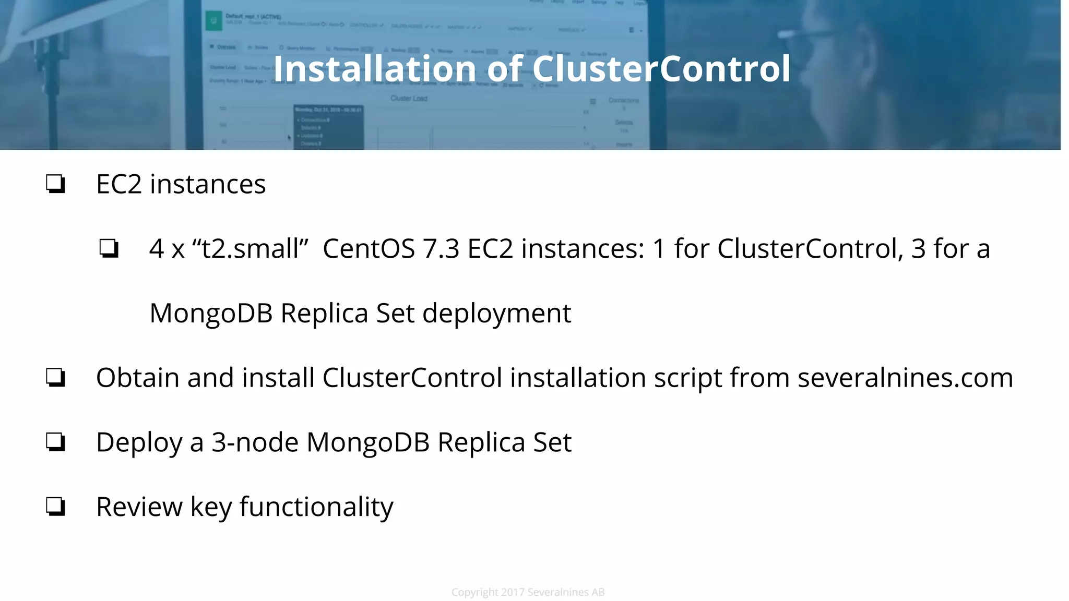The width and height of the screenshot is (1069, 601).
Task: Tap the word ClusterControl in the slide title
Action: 661,69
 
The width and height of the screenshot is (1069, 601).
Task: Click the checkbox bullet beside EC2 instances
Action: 55,184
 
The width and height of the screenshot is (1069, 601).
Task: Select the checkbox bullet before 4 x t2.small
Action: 109,248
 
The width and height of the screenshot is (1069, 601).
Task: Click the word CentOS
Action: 369,248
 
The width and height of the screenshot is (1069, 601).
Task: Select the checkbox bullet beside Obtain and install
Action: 55,377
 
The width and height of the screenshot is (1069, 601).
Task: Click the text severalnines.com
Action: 905,377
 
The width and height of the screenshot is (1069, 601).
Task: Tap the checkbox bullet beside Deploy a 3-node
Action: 55,442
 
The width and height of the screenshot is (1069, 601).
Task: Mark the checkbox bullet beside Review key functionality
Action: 55,507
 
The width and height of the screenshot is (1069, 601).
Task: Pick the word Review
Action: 139,507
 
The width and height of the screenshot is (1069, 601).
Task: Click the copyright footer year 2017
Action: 513,592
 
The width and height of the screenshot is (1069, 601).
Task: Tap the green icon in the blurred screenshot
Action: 213,21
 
